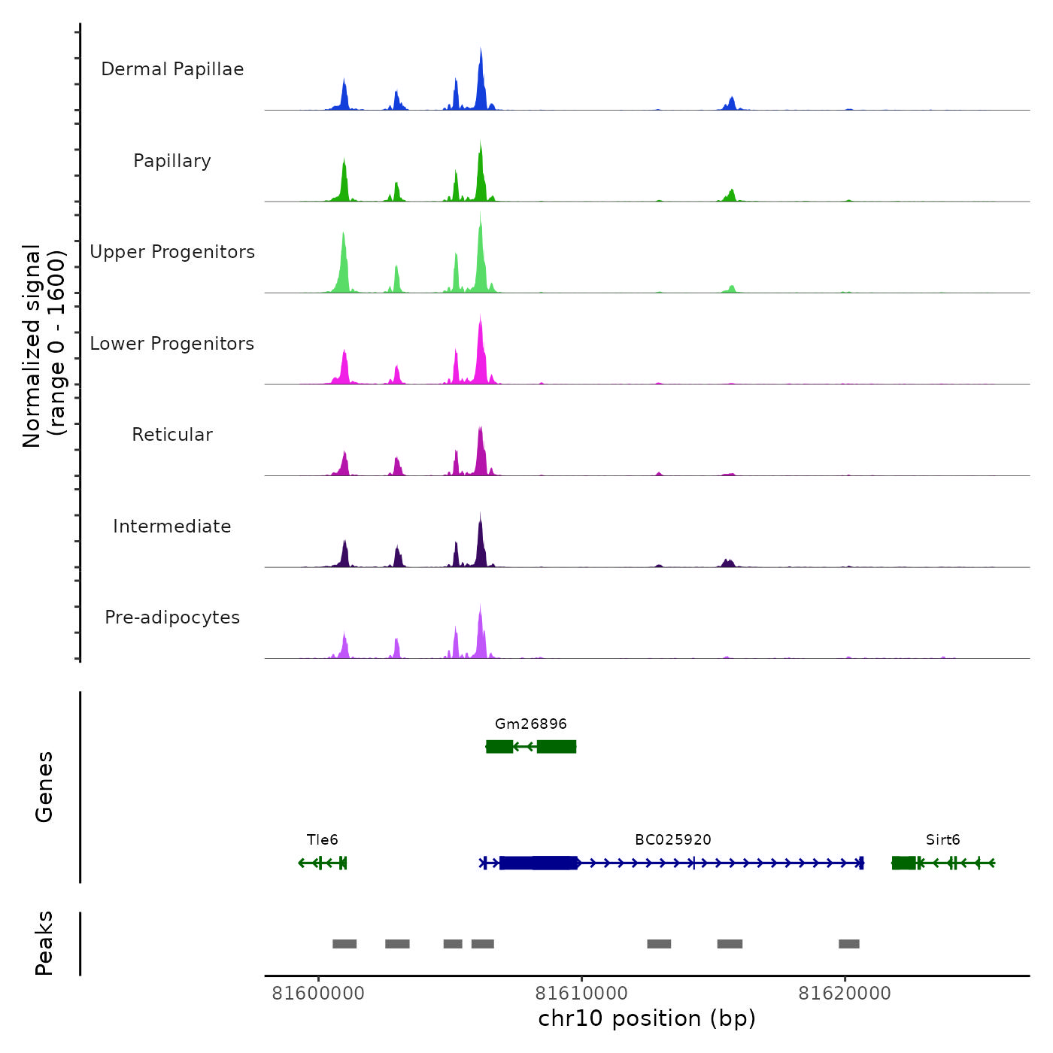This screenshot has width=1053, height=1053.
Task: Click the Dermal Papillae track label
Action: (x=172, y=69)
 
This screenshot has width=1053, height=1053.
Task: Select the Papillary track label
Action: (x=172, y=161)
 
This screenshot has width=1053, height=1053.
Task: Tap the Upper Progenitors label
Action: (x=172, y=252)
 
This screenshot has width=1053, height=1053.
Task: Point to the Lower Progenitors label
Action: (x=172, y=344)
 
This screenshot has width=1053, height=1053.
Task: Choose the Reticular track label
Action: (x=172, y=435)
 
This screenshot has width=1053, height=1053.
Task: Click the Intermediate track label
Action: (x=172, y=526)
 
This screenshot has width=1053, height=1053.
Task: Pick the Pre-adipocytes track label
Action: (x=172, y=618)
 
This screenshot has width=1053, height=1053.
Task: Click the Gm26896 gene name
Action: (x=531, y=724)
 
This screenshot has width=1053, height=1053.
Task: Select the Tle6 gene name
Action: (x=323, y=839)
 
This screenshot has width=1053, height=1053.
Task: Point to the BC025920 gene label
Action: (x=673, y=839)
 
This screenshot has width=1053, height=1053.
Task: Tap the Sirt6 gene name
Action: (x=943, y=839)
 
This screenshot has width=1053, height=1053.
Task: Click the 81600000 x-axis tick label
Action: (x=318, y=994)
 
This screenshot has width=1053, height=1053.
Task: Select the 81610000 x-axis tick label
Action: (x=581, y=994)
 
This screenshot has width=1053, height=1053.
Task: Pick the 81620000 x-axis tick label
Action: (x=845, y=994)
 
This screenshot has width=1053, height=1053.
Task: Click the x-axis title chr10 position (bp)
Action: (x=647, y=1018)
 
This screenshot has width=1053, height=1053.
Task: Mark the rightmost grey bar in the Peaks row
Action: (x=849, y=944)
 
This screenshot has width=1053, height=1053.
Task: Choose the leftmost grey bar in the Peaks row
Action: (x=344, y=944)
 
